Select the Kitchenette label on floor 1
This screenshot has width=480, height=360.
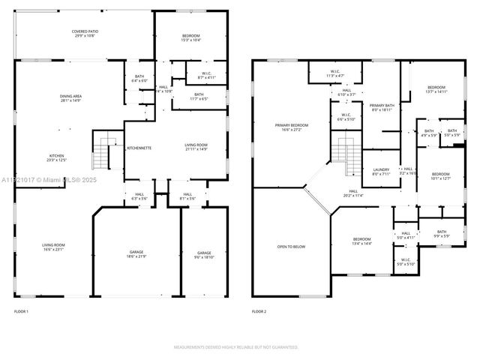[139, 148]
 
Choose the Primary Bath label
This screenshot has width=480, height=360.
[382, 107]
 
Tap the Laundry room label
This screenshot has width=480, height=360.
[381, 172]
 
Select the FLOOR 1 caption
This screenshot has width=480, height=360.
[21, 311]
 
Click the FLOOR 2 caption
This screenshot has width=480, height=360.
[259, 311]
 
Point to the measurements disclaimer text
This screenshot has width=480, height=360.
[236, 347]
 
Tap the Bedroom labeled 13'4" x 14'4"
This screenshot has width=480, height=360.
[362, 241]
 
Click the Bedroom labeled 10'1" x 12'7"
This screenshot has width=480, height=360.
[440, 176]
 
